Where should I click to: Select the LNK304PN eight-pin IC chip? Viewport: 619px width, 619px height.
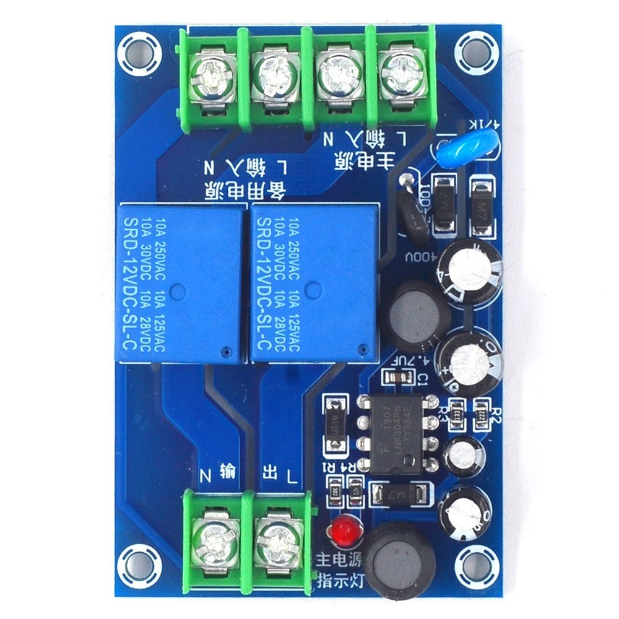point(397,433)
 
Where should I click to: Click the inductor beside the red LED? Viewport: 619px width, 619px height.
point(399,561)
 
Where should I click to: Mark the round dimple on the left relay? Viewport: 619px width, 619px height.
point(179,288)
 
